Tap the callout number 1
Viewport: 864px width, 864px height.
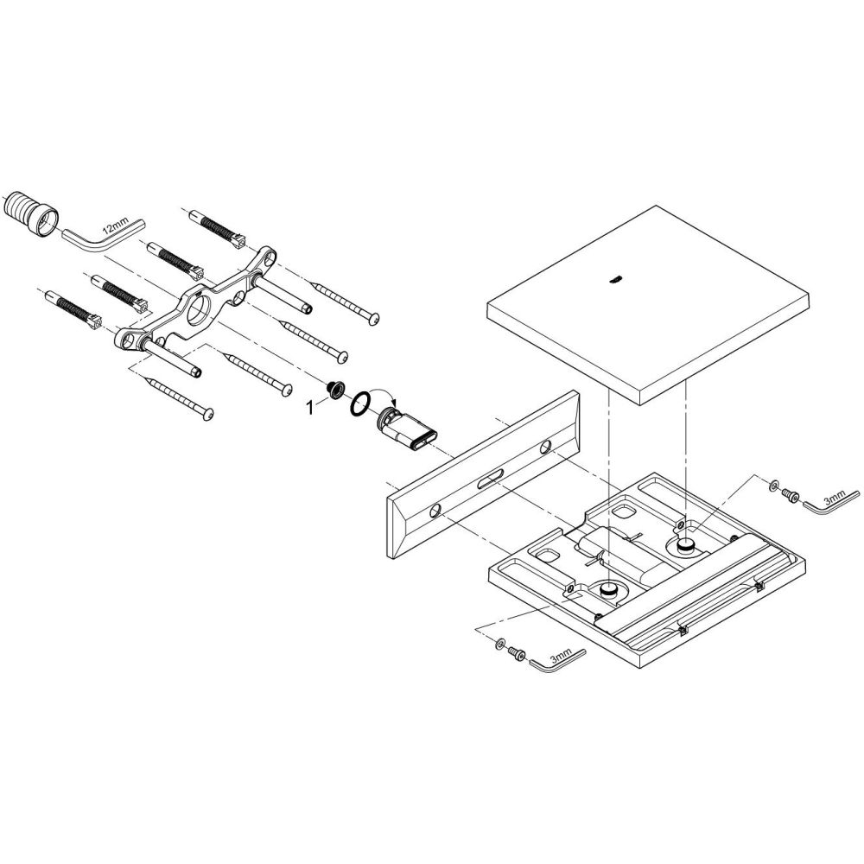pyautogui.click(x=310, y=407)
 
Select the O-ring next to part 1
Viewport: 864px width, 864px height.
pyautogui.click(x=360, y=403)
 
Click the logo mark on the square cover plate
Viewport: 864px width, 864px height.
pyautogui.click(x=614, y=279)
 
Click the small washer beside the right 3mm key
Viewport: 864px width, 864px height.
pyautogui.click(x=773, y=485)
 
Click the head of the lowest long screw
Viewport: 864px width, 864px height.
pyautogui.click(x=207, y=414)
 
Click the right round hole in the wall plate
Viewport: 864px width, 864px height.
pyautogui.click(x=545, y=446)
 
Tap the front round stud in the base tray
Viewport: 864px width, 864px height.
pyautogui.click(x=607, y=590)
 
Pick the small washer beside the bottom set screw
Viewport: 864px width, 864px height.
pyautogui.click(x=499, y=643)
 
